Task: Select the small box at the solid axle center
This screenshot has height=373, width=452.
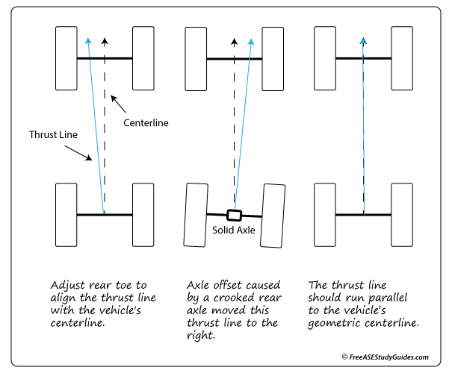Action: click(x=234, y=215)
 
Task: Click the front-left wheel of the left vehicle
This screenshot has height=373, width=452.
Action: click(x=66, y=58)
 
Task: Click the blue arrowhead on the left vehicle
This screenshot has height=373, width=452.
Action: click(x=87, y=41)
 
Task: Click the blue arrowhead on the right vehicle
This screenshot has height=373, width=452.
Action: click(x=363, y=41)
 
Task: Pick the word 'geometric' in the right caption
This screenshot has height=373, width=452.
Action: click(x=335, y=324)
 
